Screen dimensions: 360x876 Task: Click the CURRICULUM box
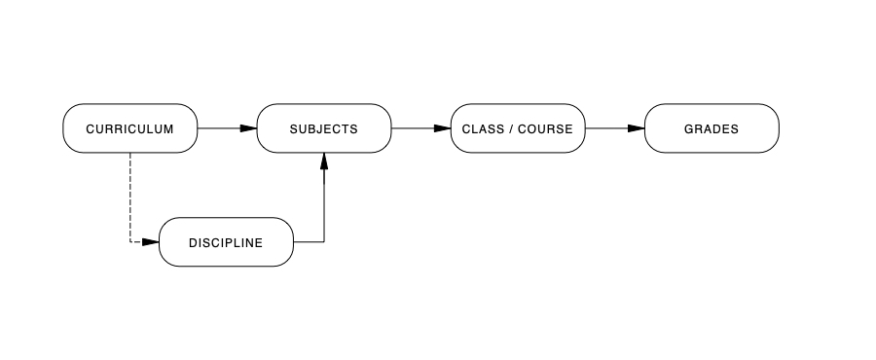[x=129, y=128]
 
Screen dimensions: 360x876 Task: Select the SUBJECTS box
[x=323, y=128]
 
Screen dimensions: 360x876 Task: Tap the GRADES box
[x=712, y=128]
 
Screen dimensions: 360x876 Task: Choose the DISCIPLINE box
[x=226, y=242]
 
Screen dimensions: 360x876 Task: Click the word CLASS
[x=481, y=128]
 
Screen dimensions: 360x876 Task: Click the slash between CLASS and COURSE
[x=511, y=128]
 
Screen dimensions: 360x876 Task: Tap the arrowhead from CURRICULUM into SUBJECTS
[x=248, y=128]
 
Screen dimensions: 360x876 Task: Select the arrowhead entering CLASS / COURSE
[x=442, y=128]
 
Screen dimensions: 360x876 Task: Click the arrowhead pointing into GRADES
[x=636, y=128]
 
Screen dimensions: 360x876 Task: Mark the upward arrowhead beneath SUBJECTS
[x=324, y=162]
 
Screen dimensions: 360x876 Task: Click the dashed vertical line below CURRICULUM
[x=130, y=195]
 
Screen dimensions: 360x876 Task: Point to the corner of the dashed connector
[x=130, y=241]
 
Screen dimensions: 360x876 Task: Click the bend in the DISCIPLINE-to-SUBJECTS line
[x=324, y=241]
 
